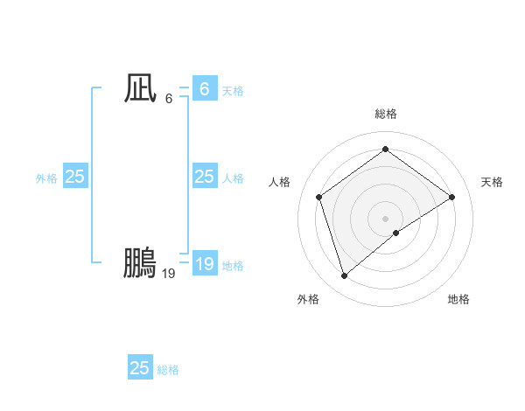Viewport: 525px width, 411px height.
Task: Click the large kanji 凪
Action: point(140,89)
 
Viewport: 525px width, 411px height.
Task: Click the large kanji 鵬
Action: point(140,263)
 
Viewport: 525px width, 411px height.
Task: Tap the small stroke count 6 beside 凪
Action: point(169,98)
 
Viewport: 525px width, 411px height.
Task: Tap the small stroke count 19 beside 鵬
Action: point(169,274)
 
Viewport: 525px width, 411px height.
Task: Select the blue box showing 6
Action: point(204,89)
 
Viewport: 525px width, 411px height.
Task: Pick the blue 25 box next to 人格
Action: point(204,177)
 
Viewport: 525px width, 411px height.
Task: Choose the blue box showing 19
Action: point(204,264)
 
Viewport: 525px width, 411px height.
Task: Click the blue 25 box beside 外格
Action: point(75,177)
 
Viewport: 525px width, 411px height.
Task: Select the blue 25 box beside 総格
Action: point(140,368)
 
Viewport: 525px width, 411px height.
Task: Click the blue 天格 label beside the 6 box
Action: point(233,91)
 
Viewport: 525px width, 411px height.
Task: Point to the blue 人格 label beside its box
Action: point(233,178)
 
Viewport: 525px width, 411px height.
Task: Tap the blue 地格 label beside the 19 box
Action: point(233,266)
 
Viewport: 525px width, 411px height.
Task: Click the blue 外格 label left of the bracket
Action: point(46,178)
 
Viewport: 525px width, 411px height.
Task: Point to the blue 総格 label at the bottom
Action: point(168,370)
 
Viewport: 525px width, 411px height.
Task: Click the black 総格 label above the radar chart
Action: point(385,114)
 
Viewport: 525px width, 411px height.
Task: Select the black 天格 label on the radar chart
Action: point(492,182)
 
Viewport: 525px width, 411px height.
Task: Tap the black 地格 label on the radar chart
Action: point(458,299)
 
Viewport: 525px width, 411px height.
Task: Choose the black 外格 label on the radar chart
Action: point(308,299)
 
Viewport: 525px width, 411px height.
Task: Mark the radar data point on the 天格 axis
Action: point(451,197)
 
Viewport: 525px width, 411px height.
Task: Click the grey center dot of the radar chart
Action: point(385,218)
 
